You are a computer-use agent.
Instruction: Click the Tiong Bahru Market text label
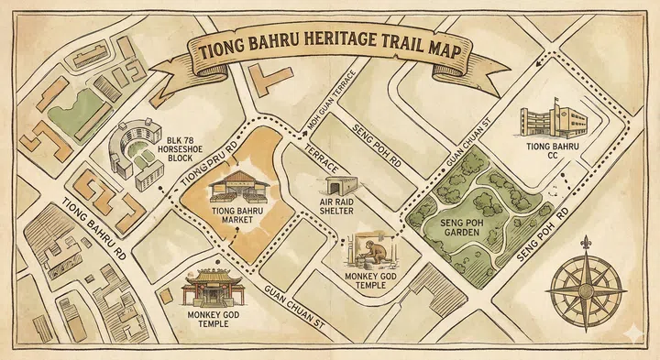[238, 216]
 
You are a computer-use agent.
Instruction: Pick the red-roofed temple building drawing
[206, 290]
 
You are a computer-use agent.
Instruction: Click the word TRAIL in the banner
[388, 48]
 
